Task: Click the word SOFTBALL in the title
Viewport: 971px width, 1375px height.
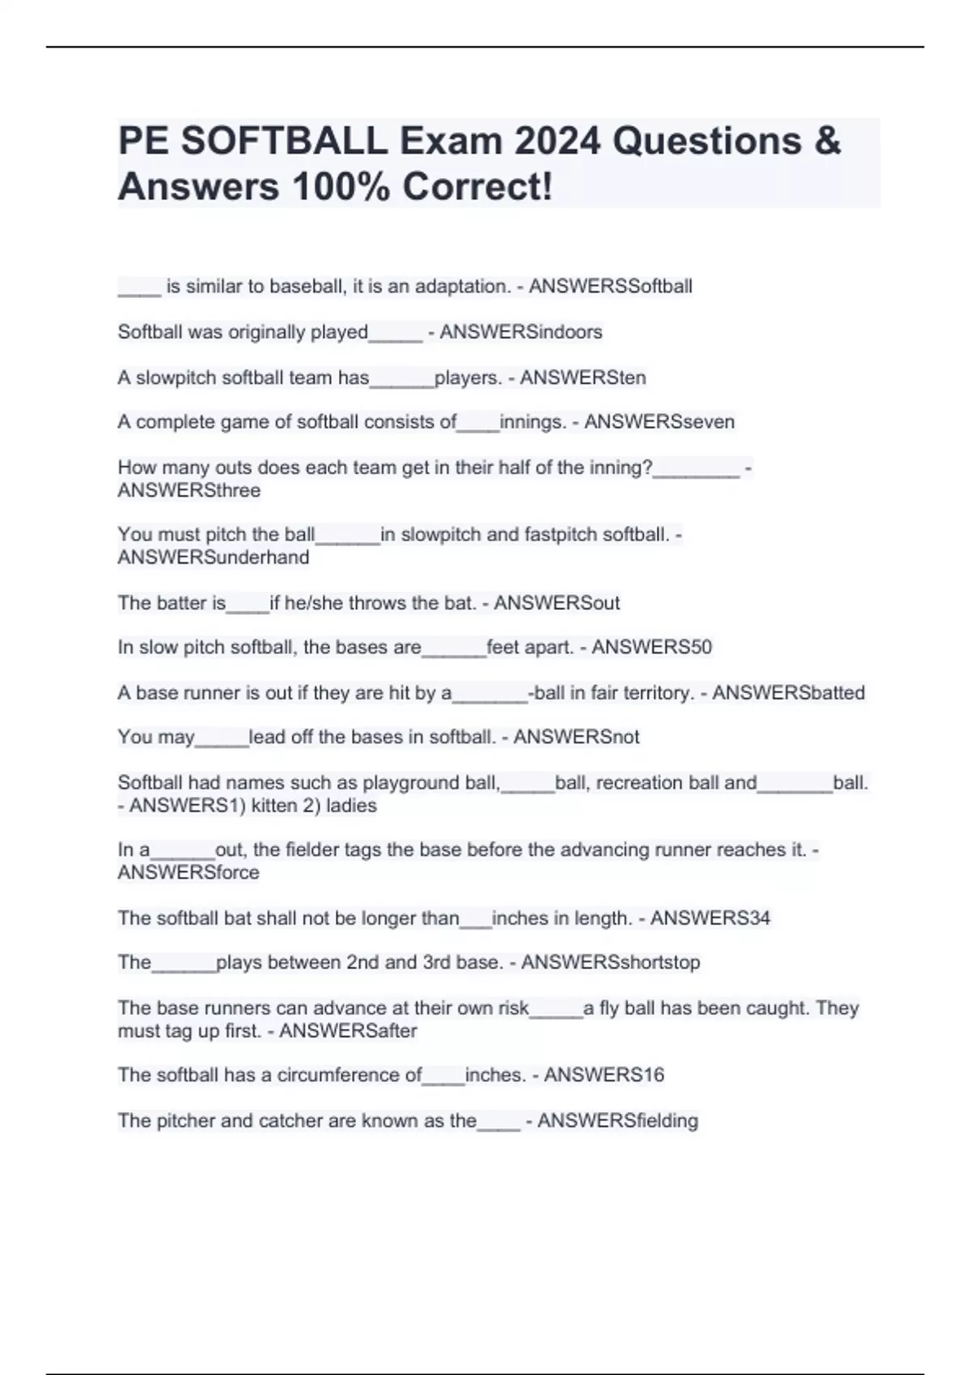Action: point(284,142)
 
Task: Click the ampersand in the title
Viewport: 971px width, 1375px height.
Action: point(827,142)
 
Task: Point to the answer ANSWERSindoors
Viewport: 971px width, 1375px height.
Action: point(520,332)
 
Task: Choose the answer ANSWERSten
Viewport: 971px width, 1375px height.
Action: point(583,378)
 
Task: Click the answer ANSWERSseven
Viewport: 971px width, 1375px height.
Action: point(659,422)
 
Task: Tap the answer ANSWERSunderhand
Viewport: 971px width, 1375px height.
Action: point(213,557)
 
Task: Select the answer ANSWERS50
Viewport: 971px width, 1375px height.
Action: point(651,647)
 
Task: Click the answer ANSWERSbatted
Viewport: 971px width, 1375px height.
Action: point(788,693)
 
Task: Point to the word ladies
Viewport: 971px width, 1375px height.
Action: point(351,806)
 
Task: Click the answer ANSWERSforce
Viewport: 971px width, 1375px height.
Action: point(189,873)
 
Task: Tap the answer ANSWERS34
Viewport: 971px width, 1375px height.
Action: point(710,918)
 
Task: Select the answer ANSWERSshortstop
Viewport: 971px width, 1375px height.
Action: point(610,962)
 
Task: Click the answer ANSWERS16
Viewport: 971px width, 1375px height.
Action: point(604,1075)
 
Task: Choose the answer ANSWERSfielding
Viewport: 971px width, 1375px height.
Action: point(617,1121)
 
